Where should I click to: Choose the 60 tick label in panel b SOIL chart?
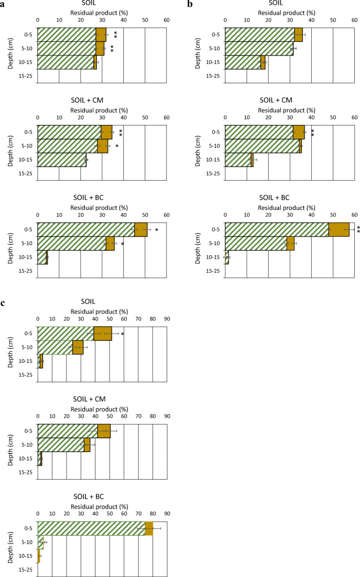click(x=354, y=17)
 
